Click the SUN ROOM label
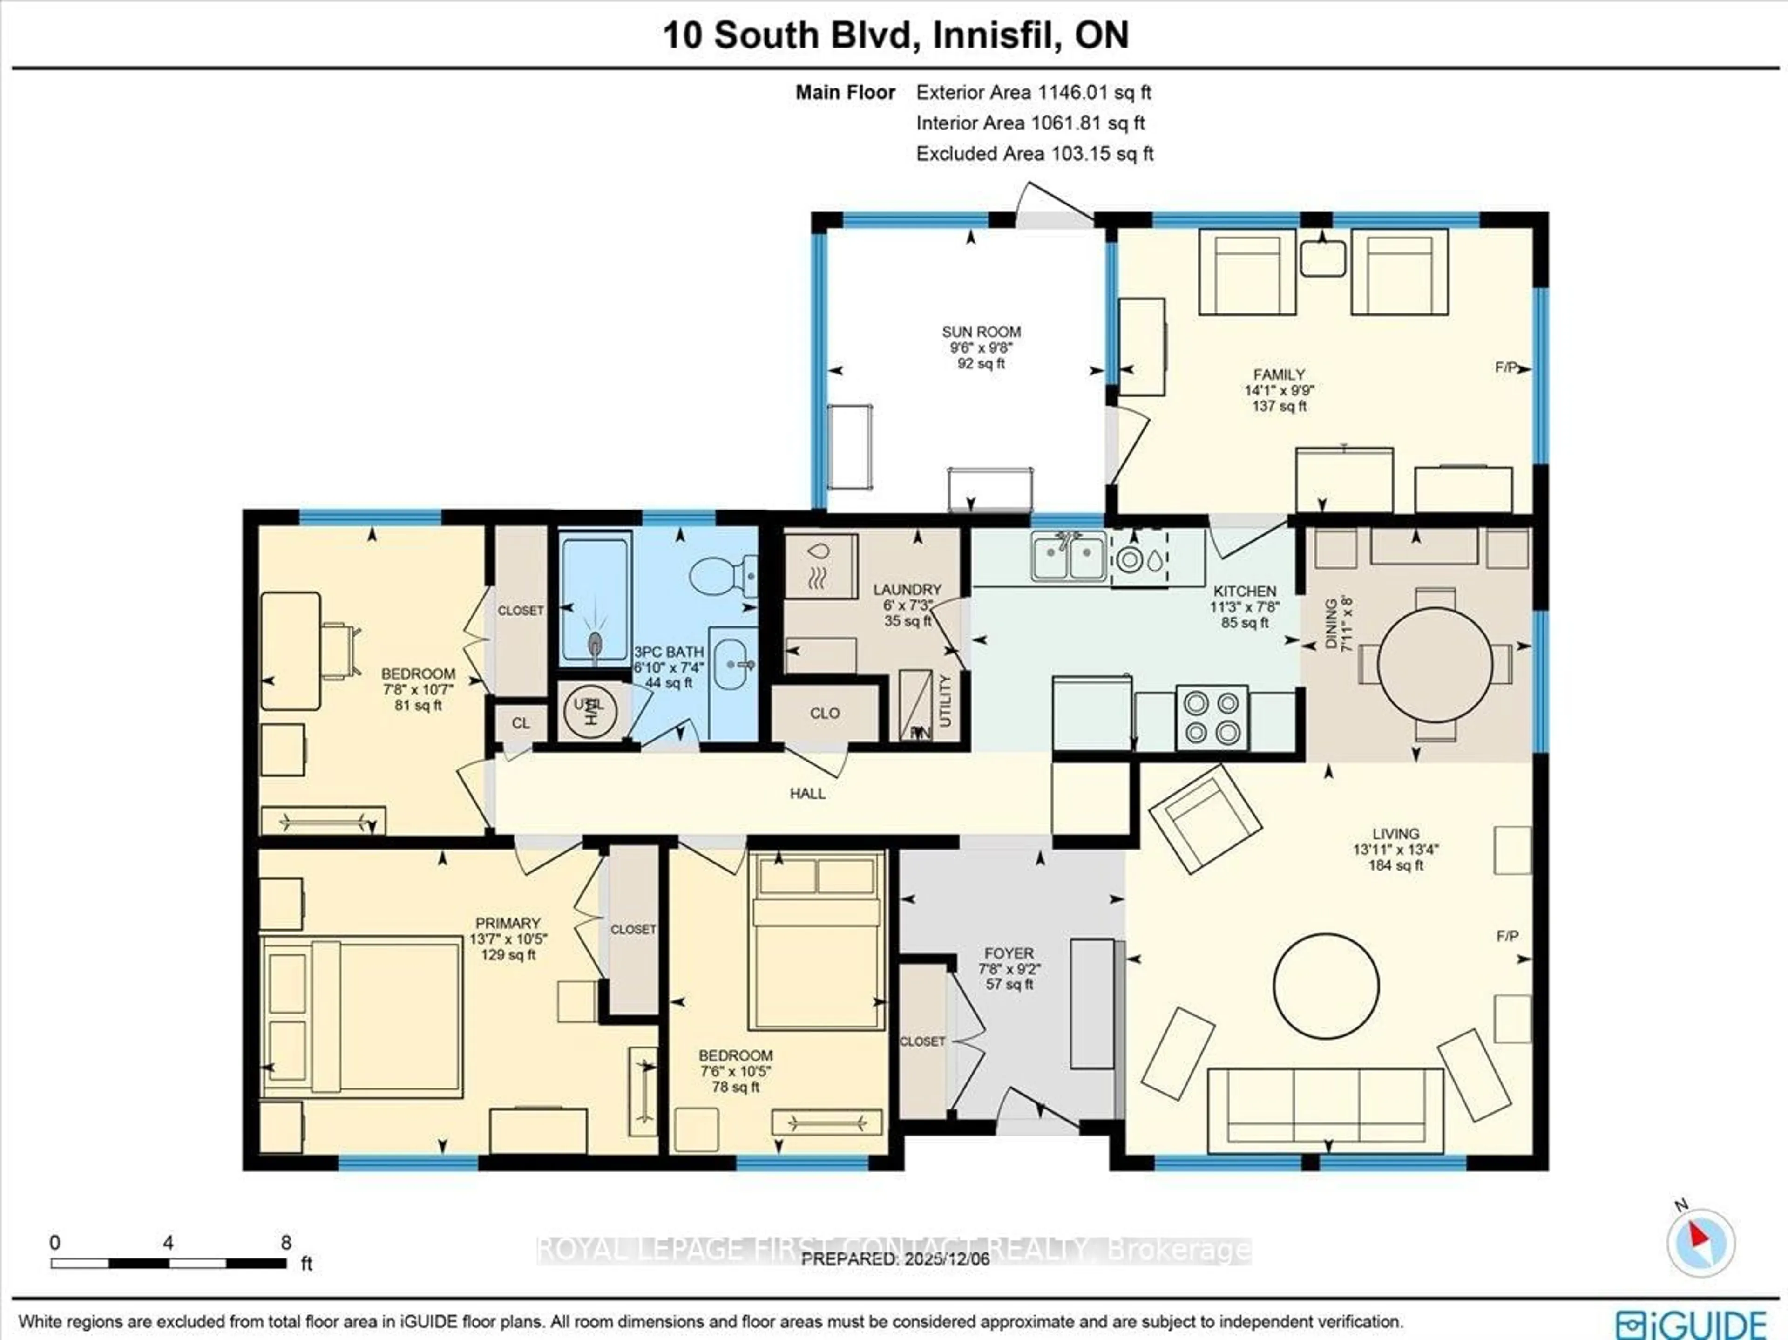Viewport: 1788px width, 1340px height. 981,332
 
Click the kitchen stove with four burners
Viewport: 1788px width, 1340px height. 1212,718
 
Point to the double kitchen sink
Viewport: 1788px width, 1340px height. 1069,558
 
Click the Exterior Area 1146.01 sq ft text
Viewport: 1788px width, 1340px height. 1033,92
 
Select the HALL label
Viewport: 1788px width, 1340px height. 807,793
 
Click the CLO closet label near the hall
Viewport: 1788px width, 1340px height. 825,713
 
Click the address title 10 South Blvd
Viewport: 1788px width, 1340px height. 895,35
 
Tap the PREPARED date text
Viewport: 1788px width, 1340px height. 895,1259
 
